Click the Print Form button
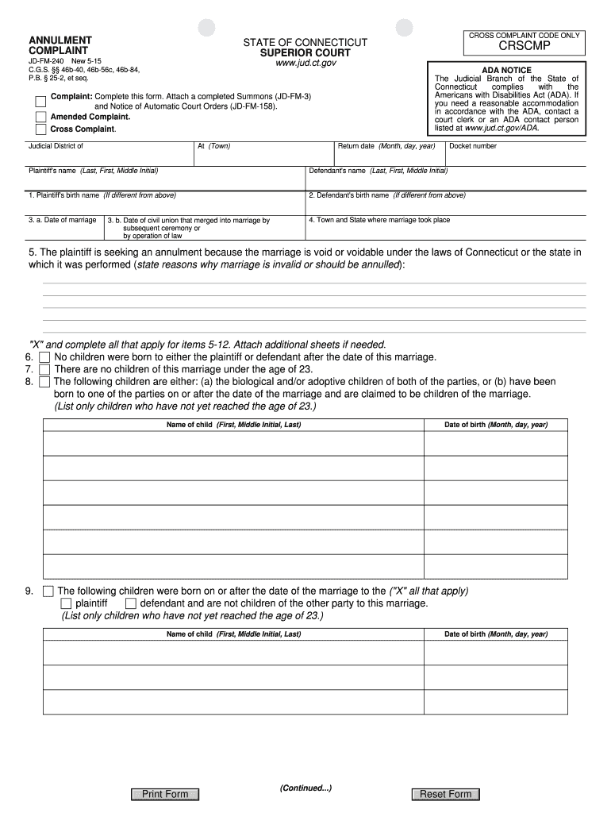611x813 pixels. click(x=165, y=794)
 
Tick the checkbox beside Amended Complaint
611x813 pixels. click(x=40, y=117)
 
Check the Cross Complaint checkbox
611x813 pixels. click(x=40, y=129)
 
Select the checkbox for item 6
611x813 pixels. click(x=44, y=357)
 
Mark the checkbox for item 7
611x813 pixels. click(x=44, y=369)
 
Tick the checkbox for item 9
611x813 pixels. click(x=48, y=591)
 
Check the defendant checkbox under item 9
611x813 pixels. click(x=131, y=603)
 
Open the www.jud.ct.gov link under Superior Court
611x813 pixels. click(x=305, y=64)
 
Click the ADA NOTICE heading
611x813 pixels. click(x=506, y=70)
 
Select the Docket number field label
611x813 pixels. click(x=473, y=146)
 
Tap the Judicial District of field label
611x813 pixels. click(x=56, y=146)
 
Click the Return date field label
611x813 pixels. click(x=386, y=146)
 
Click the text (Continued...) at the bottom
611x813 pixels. click(x=305, y=788)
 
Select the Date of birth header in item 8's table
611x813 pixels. click(x=495, y=425)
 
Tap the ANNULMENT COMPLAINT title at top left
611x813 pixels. click(x=60, y=44)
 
